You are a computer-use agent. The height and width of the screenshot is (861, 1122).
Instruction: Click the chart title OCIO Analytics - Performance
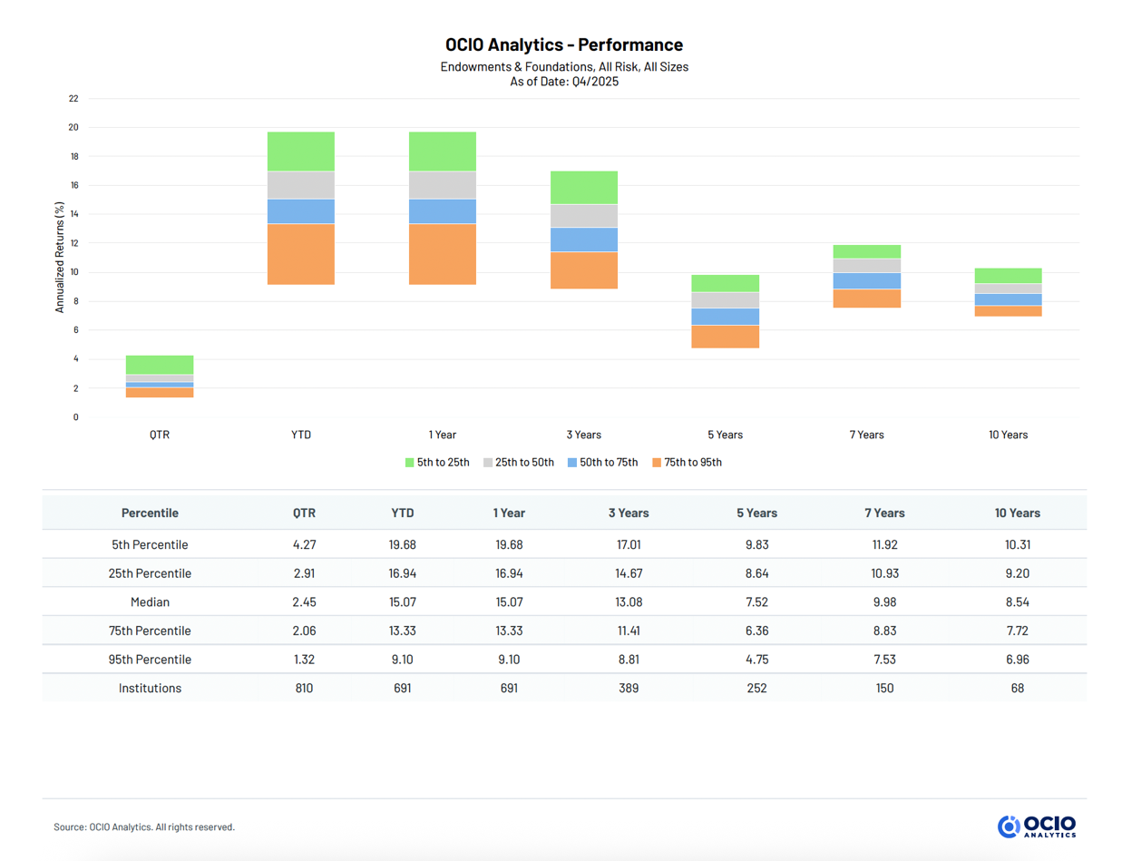click(x=563, y=44)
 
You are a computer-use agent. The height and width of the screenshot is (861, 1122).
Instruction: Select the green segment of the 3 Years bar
click(x=583, y=187)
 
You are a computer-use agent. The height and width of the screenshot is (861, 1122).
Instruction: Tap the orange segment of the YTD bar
click(x=301, y=254)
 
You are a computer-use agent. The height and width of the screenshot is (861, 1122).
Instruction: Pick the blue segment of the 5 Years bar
click(x=725, y=317)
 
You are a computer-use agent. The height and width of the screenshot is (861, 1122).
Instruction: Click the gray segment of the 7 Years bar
click(x=866, y=266)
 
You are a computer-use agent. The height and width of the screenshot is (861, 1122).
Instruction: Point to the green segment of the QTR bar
click(x=160, y=365)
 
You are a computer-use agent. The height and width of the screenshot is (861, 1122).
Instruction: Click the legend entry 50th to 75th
click(x=602, y=463)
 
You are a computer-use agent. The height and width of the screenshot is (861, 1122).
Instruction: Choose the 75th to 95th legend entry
click(x=687, y=463)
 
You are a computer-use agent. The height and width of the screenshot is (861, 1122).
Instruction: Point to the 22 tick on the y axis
click(x=73, y=99)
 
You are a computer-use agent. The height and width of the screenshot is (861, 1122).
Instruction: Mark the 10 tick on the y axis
click(x=73, y=272)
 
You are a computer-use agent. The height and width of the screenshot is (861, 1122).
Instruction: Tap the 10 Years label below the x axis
click(x=1008, y=435)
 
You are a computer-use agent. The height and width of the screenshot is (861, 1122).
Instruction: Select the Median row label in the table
click(x=150, y=602)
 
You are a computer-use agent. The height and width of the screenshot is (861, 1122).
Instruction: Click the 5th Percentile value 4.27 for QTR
click(x=304, y=544)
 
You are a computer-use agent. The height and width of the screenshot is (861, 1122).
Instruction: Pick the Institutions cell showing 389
click(x=628, y=688)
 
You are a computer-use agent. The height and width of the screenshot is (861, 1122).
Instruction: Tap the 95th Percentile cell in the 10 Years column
click(x=1017, y=660)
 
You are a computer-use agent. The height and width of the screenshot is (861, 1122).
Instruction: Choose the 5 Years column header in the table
click(x=756, y=513)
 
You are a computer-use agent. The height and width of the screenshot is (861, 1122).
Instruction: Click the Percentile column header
click(x=150, y=513)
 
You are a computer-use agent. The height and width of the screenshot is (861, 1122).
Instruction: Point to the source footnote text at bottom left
click(x=144, y=827)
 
